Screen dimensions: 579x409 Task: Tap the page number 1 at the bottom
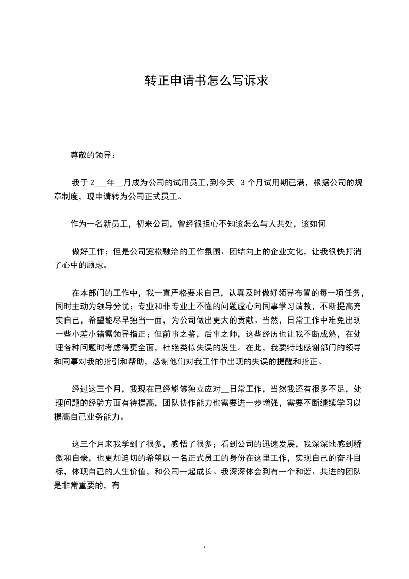(x=205, y=550)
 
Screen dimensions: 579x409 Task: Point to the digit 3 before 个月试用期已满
(x=243, y=182)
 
